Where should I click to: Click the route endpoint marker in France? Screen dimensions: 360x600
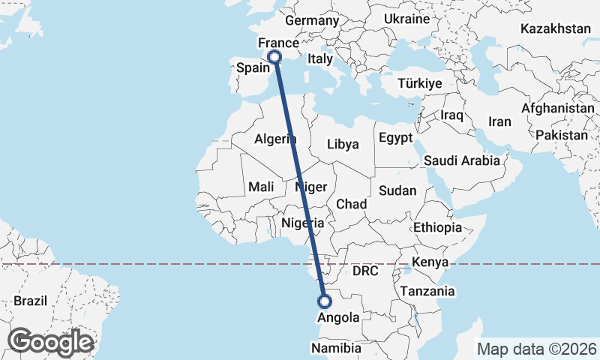click(275, 56)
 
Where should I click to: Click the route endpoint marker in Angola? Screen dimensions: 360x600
click(325, 301)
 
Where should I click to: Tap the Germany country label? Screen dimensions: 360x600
click(312, 21)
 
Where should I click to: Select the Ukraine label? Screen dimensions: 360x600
click(406, 19)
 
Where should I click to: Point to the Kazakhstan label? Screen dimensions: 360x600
click(556, 28)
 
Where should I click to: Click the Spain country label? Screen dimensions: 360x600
click(253, 67)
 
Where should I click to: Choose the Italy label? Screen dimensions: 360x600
click(320, 58)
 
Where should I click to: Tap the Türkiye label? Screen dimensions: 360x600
click(420, 83)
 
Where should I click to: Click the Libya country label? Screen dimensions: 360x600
click(343, 144)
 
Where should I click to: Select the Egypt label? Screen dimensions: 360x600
click(395, 138)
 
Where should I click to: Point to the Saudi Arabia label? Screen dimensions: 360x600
click(461, 160)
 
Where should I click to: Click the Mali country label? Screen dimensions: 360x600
click(261, 187)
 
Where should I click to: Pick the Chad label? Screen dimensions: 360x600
click(351, 204)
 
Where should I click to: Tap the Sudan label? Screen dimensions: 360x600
click(397, 190)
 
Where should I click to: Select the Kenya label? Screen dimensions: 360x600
click(430, 262)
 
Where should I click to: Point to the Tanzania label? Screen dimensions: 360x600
click(427, 291)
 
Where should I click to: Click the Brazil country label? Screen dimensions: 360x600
click(30, 301)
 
